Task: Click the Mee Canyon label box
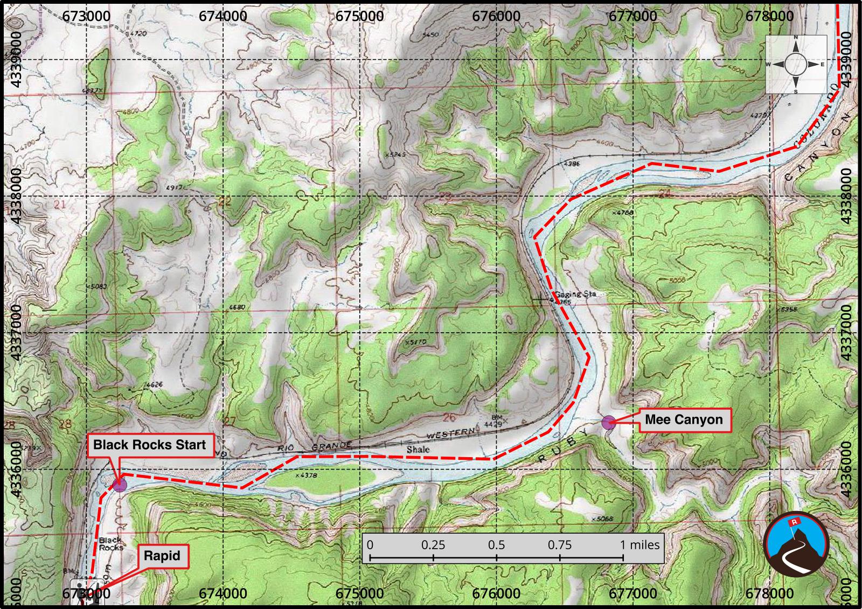[x=684, y=420]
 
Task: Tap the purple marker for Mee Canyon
[x=608, y=423]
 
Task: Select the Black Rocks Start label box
[x=149, y=445]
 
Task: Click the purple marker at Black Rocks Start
[x=120, y=484]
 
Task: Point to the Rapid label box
[x=162, y=556]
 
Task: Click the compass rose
[x=796, y=65]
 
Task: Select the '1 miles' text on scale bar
[x=639, y=545]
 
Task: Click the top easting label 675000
[x=359, y=16]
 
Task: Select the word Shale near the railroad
[x=418, y=450]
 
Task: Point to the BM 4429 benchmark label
[x=498, y=422]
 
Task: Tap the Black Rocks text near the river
[x=110, y=544]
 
